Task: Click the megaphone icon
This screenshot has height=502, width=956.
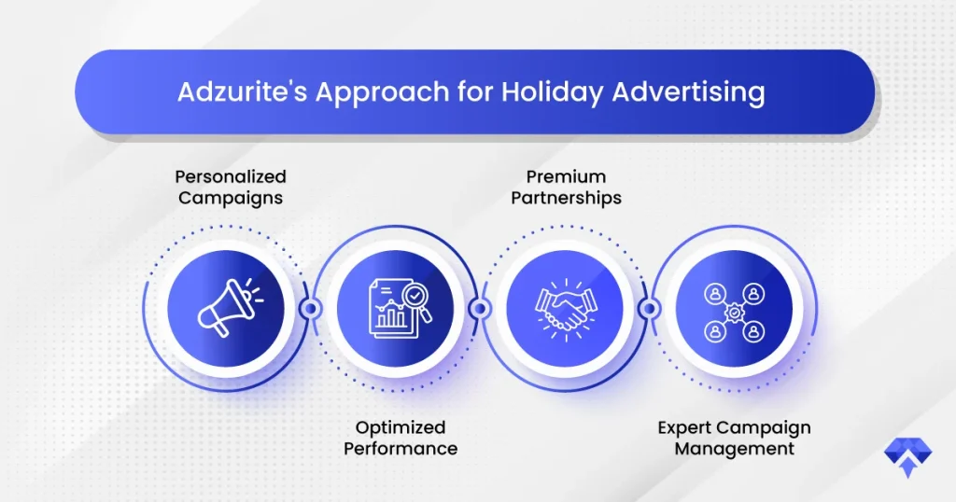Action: [x=230, y=308]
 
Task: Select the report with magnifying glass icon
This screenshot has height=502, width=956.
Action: [x=399, y=308]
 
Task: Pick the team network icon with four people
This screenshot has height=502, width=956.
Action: [x=734, y=312]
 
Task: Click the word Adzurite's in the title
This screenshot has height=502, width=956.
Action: [x=242, y=92]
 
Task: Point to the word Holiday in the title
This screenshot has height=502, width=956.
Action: [x=551, y=93]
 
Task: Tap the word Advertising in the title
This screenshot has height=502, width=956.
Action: [x=688, y=93]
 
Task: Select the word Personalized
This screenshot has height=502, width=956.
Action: [x=231, y=176]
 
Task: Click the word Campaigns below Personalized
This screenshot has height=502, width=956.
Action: [x=231, y=199]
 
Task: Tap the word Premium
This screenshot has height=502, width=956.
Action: [x=566, y=176]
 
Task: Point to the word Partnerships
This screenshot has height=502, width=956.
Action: [x=566, y=199]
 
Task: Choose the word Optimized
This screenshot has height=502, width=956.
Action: [x=400, y=427]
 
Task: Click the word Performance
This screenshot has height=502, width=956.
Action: [x=400, y=449]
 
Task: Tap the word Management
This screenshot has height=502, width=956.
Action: [x=734, y=449]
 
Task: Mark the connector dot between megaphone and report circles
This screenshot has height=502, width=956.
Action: [x=310, y=308]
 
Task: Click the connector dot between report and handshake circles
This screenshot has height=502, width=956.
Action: [x=479, y=308]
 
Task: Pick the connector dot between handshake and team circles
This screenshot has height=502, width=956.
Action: [x=649, y=308]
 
